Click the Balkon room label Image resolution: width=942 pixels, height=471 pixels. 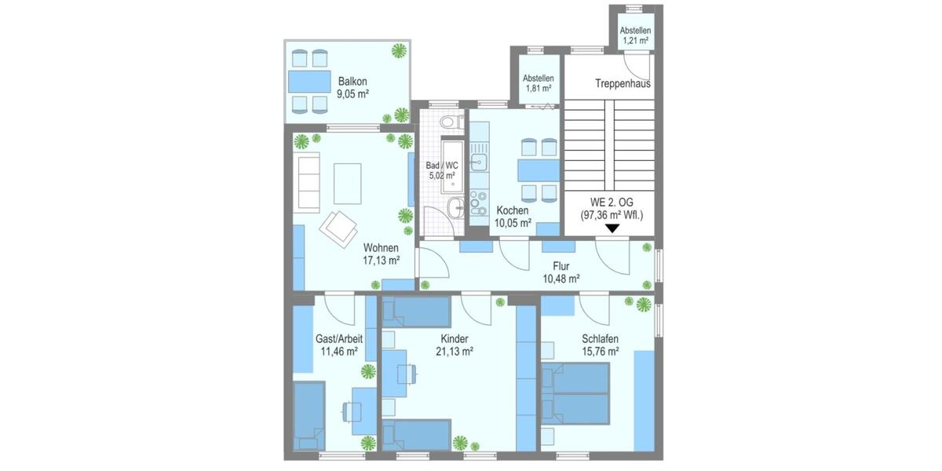[x=352, y=82]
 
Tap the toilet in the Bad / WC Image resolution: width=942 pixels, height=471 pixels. [x=448, y=122]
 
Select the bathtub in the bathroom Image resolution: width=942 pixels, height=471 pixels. [x=453, y=166]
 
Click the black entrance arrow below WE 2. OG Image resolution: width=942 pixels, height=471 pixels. [x=612, y=228]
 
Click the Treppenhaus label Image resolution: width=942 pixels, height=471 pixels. [x=623, y=83]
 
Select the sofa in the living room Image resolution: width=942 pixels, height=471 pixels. [x=307, y=181]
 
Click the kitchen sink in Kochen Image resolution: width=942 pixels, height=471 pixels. [x=477, y=162]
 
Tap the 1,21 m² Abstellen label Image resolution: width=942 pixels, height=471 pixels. [x=635, y=35]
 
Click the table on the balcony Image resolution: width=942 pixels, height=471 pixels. [x=309, y=81]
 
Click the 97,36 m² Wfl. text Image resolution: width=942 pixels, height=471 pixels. [x=612, y=214]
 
